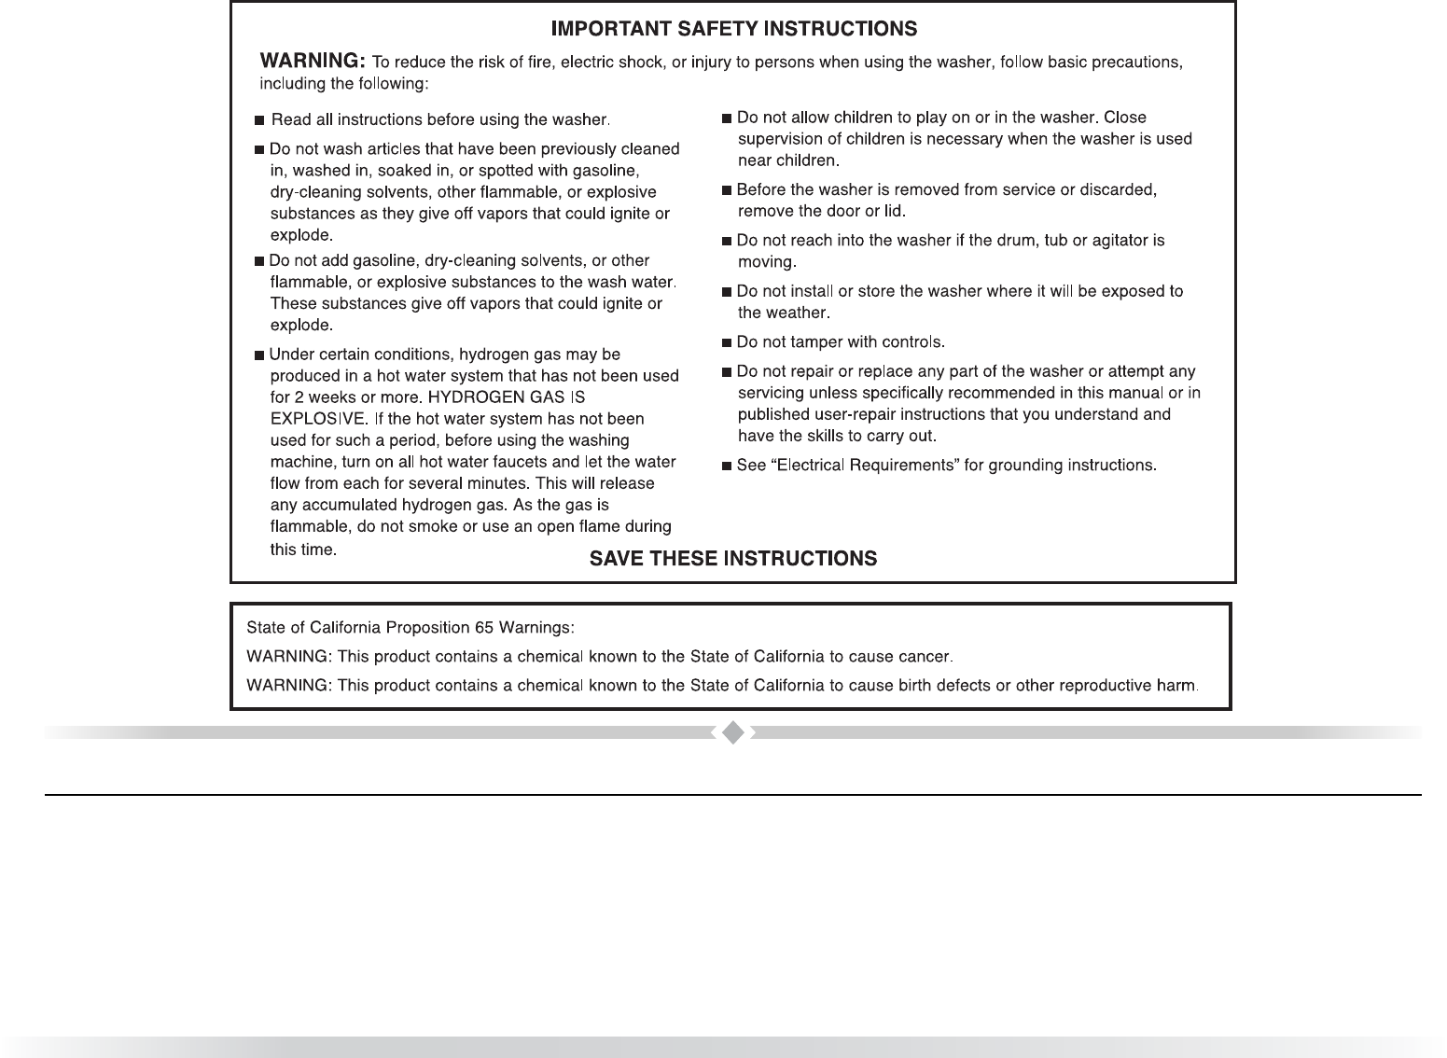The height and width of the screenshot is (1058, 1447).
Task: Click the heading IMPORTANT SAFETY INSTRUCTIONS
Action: tap(733, 30)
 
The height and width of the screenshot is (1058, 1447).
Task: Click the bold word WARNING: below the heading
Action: tap(312, 62)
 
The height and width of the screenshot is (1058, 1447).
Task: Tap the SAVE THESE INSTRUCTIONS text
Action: tap(733, 559)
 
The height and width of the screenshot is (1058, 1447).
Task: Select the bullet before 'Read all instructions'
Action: tap(259, 121)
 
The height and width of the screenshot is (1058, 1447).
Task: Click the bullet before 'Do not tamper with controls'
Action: tap(727, 343)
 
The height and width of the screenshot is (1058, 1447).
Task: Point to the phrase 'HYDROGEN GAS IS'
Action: tap(507, 397)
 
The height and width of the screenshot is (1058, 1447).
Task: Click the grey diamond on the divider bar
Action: tap(733, 733)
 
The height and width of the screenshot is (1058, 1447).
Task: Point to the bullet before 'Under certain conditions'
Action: tap(259, 355)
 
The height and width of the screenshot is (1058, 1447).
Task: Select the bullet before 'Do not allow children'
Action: tap(727, 118)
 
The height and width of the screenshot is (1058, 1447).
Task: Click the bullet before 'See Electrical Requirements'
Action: tap(727, 466)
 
